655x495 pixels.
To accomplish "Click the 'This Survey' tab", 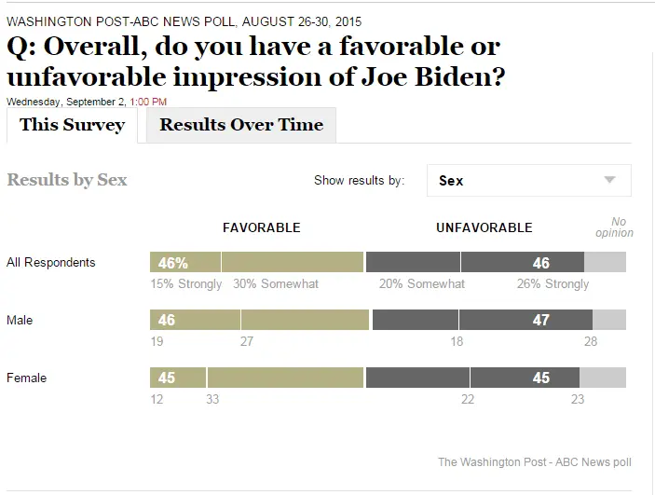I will pyautogui.click(x=72, y=125).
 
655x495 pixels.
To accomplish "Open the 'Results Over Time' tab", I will pyautogui.click(x=241, y=125).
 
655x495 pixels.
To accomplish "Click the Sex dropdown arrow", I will pyautogui.click(x=610, y=180).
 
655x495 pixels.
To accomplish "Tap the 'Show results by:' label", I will pyautogui.click(x=359, y=181).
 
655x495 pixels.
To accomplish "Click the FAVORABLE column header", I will pyautogui.click(x=261, y=227).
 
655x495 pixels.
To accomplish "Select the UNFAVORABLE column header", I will pyautogui.click(x=484, y=227).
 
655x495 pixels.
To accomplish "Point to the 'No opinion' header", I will pyautogui.click(x=615, y=227).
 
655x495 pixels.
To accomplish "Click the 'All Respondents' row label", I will pyautogui.click(x=50, y=263).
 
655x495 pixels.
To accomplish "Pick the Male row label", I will pyautogui.click(x=20, y=321).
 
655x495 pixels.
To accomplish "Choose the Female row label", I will pyautogui.click(x=26, y=378).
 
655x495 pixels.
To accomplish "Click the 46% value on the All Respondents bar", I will pyautogui.click(x=173, y=263).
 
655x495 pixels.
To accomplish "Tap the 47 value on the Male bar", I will pyautogui.click(x=539, y=321).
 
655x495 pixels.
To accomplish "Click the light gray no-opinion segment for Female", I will pyautogui.click(x=603, y=378).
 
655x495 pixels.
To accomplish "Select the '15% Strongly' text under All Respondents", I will pyautogui.click(x=186, y=284).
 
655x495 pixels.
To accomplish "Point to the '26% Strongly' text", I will pyautogui.click(x=553, y=284).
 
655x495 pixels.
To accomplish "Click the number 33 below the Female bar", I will pyautogui.click(x=212, y=400).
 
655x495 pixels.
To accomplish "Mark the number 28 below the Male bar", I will pyautogui.click(x=590, y=342).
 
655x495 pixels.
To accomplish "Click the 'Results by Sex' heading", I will pyautogui.click(x=67, y=180).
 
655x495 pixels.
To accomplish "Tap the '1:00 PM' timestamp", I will pyautogui.click(x=150, y=101).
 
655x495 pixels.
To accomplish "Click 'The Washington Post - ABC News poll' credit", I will pyautogui.click(x=534, y=462).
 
